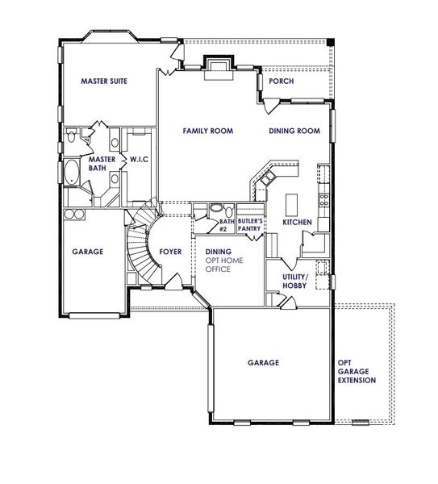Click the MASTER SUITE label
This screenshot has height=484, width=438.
(x=105, y=81)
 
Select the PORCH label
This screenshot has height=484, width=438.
(x=281, y=81)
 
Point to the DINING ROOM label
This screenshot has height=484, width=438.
(x=294, y=131)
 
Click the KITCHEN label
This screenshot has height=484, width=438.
(x=297, y=222)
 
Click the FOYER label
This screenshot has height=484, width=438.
(x=171, y=251)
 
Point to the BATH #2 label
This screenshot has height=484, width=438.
(x=226, y=225)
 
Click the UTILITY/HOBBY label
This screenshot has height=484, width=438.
(x=297, y=281)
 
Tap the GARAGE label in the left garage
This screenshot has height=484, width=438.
(x=87, y=252)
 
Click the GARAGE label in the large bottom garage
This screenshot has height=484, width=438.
(x=263, y=363)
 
